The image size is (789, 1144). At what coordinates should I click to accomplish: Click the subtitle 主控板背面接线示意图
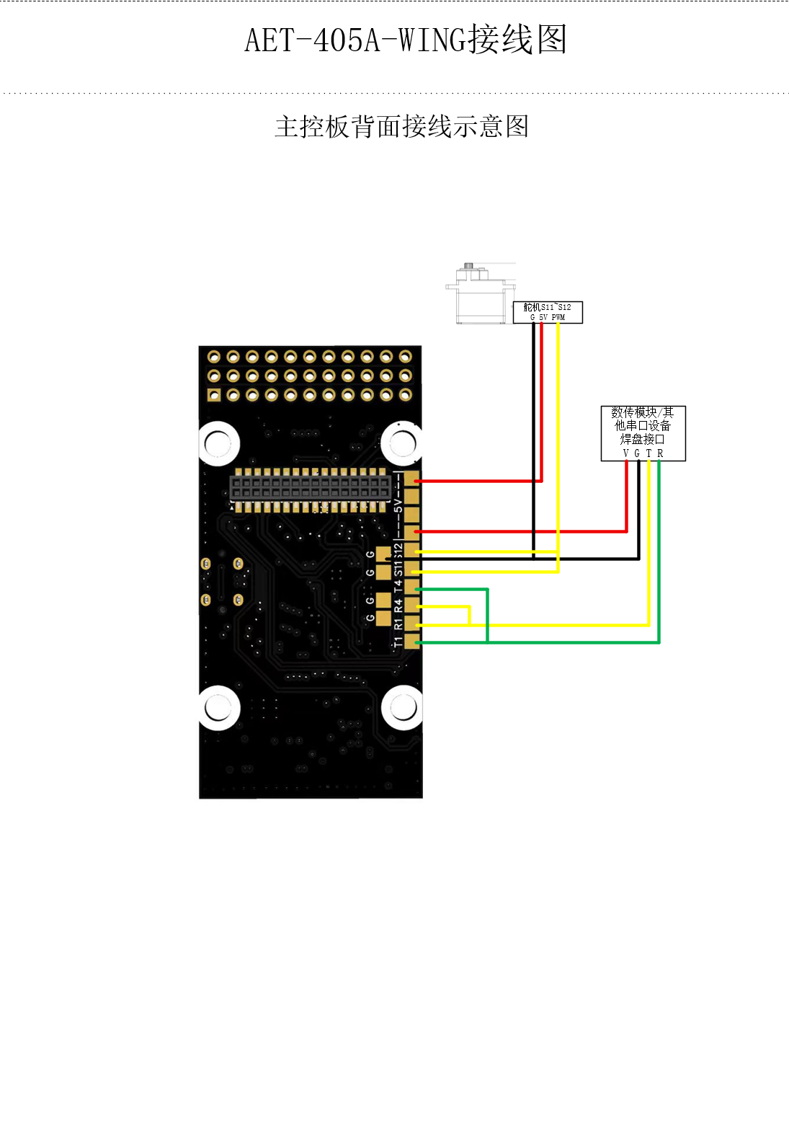pos(401,127)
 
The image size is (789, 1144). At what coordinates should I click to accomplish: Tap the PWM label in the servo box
pos(558,317)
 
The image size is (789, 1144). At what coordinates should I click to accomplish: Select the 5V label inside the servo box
pos(543,317)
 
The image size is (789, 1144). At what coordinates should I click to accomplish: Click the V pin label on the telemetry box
pos(626,453)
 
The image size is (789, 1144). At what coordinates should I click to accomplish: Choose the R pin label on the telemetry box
pos(660,453)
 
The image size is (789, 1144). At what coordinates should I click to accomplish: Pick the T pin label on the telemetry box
pos(648,453)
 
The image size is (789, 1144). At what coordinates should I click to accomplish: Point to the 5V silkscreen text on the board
pos(398,505)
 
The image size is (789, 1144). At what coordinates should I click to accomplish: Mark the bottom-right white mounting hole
pos(402,708)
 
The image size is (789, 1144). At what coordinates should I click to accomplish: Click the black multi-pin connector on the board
pos(311,488)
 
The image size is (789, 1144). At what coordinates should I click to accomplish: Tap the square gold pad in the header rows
pos(214,395)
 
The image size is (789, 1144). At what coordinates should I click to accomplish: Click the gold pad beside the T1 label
pos(411,642)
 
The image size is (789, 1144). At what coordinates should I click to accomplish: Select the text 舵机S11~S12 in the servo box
pos(547,307)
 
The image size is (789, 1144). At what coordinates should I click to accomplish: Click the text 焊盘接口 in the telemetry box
pos(643,439)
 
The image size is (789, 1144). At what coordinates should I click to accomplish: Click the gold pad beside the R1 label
pos(411,623)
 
